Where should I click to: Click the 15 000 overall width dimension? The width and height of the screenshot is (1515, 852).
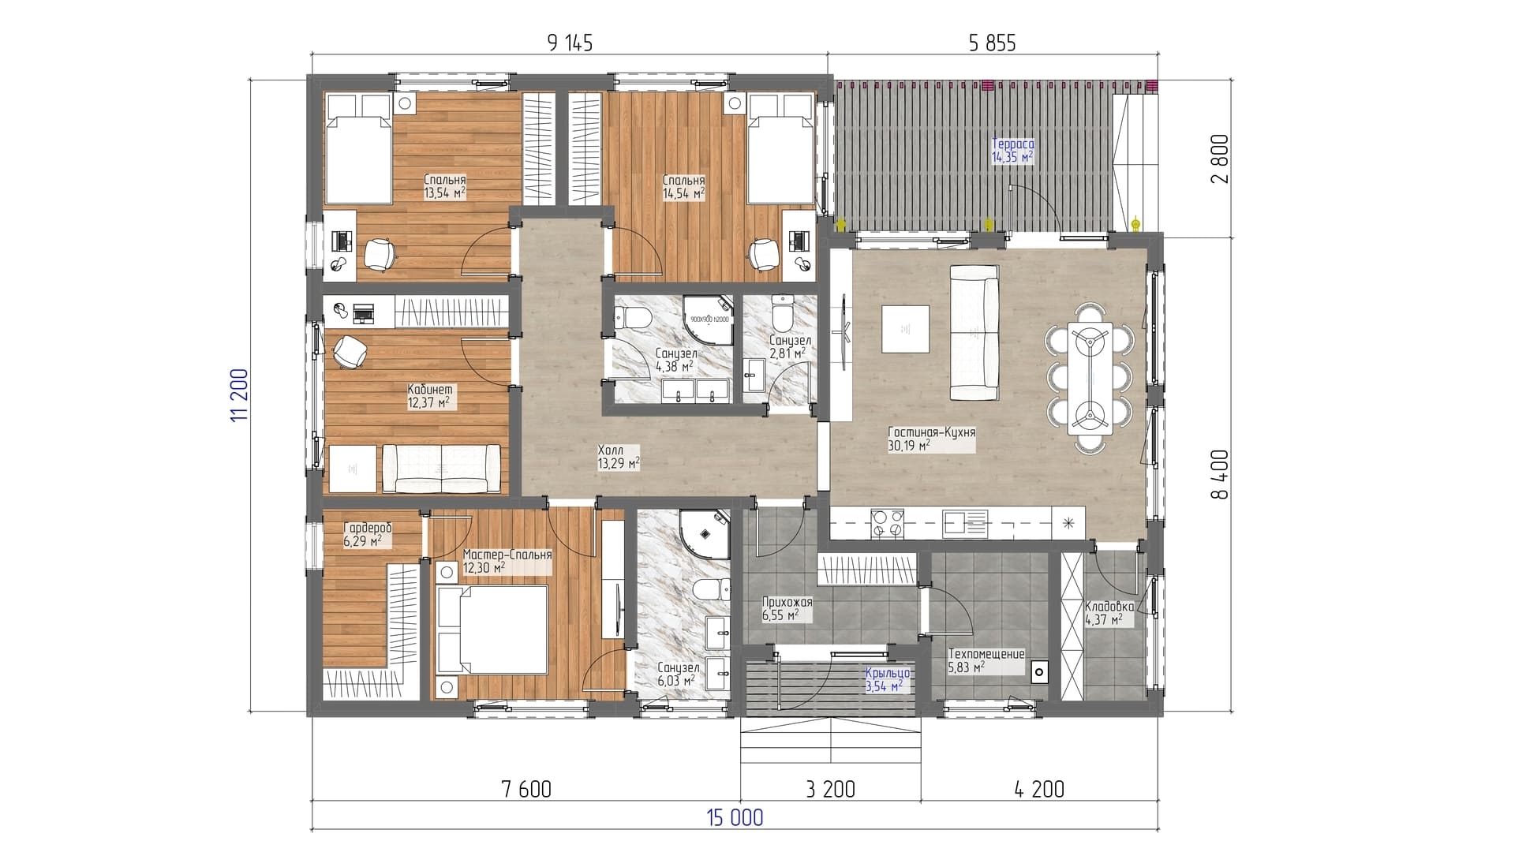coord(734,817)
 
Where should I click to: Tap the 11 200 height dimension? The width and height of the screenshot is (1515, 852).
coord(240,394)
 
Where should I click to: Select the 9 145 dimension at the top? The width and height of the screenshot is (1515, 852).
coord(570,43)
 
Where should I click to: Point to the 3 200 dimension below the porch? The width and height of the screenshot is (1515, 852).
coord(832,788)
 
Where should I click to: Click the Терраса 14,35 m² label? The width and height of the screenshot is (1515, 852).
coord(1012,151)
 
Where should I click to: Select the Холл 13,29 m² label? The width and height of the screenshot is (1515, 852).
coord(619,457)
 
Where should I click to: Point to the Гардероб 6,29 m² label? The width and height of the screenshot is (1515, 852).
coord(368,534)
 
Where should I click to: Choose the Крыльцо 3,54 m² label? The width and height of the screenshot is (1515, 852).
coord(888,680)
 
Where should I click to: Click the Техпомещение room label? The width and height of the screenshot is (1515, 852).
coord(986,654)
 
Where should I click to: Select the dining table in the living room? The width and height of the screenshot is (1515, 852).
coord(1090,379)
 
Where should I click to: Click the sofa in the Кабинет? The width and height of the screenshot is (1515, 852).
coord(440,468)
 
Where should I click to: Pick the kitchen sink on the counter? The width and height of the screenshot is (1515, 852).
coord(964,522)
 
